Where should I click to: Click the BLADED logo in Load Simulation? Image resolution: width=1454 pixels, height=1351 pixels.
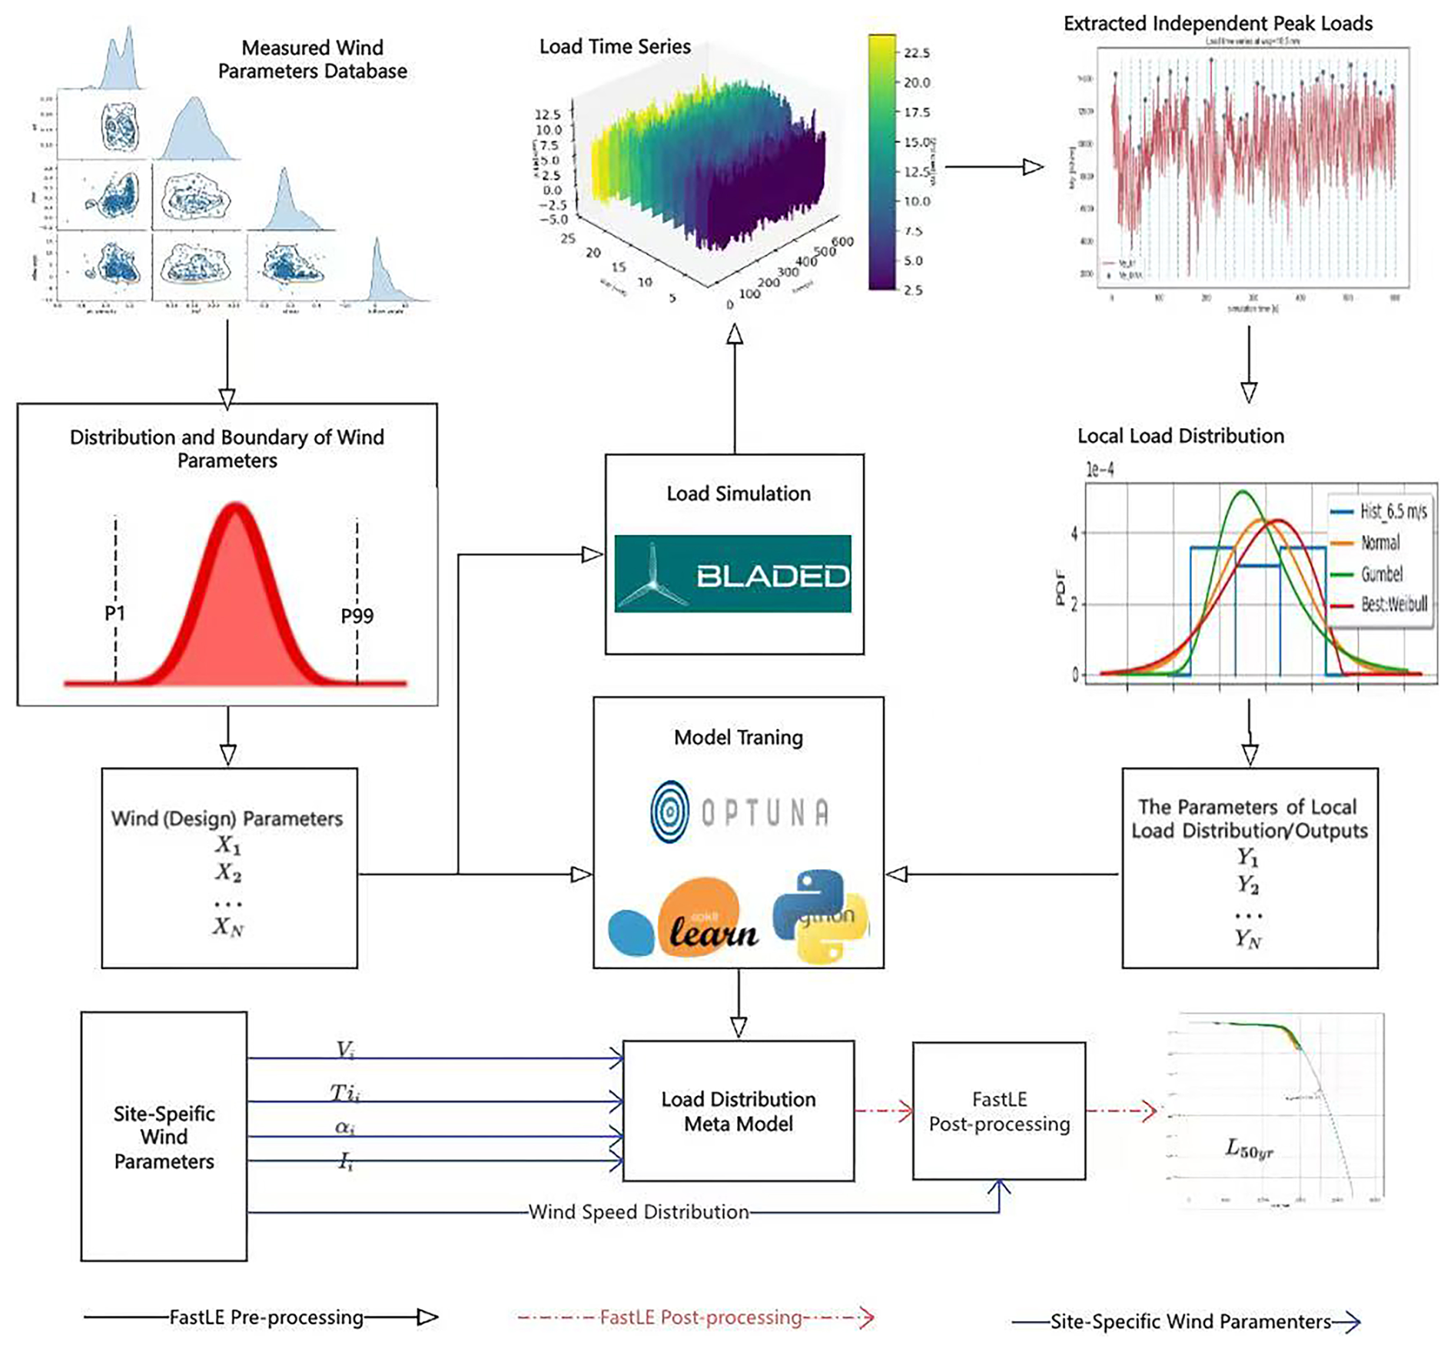coord(732,573)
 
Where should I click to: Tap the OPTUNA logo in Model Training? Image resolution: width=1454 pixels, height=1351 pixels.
coord(739,812)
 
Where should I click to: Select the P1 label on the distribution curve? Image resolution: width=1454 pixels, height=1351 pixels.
coord(115,613)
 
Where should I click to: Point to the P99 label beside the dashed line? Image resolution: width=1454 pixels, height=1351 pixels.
coord(357,616)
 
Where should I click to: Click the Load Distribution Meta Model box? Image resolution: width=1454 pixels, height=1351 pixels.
coord(738,1111)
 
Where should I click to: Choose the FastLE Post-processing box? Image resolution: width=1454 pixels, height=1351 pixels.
coord(998,1111)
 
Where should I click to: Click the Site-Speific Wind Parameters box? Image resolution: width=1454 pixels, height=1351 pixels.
coord(164,1137)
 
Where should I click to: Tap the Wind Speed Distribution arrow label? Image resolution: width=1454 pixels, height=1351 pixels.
coord(638,1212)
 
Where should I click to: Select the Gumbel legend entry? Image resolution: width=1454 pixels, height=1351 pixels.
coord(1381,574)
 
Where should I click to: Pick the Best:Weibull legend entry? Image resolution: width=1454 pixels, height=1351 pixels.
coord(1393,605)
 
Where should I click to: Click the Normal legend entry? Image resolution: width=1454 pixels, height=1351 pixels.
coord(1380,543)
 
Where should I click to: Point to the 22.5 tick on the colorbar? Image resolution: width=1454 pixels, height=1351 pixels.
coord(916,53)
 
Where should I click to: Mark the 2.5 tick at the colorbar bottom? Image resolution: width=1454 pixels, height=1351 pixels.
coord(913,290)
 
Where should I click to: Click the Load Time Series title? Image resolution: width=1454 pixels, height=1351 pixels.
coord(615,47)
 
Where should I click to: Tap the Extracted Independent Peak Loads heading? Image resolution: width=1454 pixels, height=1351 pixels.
coord(1217,24)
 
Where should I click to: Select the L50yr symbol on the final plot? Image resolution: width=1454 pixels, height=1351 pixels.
coord(1249,1150)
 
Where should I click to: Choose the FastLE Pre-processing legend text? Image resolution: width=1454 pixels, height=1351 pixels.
coord(266,1317)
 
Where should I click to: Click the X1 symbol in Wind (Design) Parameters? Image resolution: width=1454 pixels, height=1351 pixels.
coord(227,845)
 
